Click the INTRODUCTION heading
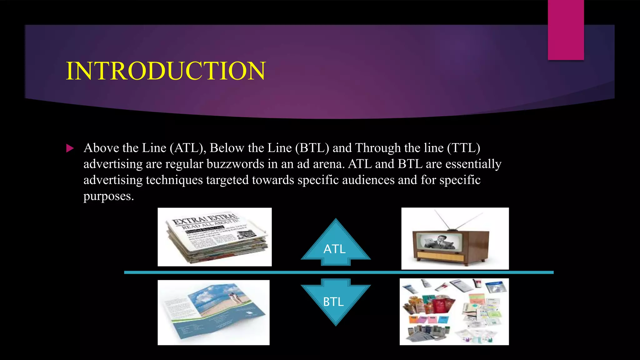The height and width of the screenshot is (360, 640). point(166,71)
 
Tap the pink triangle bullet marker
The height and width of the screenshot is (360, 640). point(70,148)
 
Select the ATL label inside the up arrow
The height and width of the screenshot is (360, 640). point(334,249)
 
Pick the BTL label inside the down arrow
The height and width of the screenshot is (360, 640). point(333,302)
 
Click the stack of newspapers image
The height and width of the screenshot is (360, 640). point(215,237)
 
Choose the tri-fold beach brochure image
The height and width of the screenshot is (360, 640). point(213,312)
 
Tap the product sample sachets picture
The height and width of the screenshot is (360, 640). point(454,312)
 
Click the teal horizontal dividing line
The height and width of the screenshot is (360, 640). point(339,272)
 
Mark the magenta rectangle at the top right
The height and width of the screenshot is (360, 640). point(566,30)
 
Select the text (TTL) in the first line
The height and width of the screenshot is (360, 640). point(463,148)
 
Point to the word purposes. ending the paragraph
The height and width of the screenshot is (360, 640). point(108,196)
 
